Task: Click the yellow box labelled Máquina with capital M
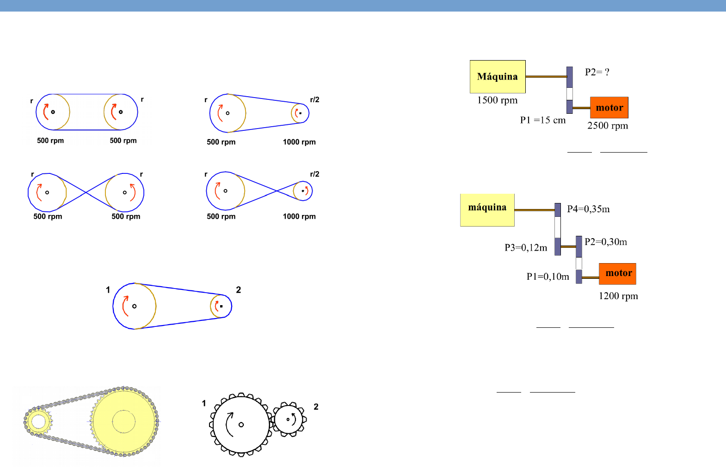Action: point(498,76)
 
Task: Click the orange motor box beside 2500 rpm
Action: point(609,108)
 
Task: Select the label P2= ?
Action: point(597,72)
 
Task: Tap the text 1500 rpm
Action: point(497,100)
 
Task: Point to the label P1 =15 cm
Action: point(542,120)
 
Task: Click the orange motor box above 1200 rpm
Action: point(617,273)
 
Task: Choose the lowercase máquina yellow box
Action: point(487,209)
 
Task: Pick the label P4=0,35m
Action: point(588,209)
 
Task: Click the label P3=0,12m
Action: point(526,248)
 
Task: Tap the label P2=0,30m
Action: point(606,242)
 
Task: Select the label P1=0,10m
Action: point(548,277)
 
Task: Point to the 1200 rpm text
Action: point(618,296)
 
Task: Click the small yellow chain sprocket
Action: point(38,422)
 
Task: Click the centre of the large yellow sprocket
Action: point(123,422)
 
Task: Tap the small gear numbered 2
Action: point(289,419)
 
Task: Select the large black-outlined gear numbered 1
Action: point(240,424)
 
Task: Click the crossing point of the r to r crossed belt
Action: point(86,192)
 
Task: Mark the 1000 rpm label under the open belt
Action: point(299,142)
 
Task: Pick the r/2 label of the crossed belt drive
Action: point(314,174)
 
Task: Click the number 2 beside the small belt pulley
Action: point(238,290)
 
